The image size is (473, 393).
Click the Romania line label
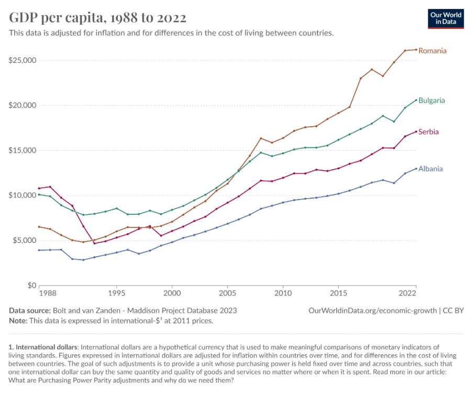point(432,51)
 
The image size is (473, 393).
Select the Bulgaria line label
point(432,101)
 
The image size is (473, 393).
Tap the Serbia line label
point(428,132)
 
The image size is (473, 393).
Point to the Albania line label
point(431,169)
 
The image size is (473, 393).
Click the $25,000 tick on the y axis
point(23,60)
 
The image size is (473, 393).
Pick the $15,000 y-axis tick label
point(23,150)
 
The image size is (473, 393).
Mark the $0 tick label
point(31,285)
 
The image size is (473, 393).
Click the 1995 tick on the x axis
point(117,293)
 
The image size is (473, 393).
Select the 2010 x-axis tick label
point(283,293)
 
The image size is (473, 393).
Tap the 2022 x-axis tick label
point(408,293)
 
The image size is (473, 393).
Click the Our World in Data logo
point(446,19)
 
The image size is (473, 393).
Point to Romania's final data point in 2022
point(416,49)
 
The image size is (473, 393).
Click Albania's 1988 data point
point(39,250)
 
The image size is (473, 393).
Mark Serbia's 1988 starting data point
point(39,188)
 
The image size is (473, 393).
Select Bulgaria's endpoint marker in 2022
point(416,100)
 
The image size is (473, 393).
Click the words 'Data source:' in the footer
point(30,311)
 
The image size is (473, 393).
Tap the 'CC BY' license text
point(453,311)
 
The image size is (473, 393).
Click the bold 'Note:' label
point(18,321)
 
